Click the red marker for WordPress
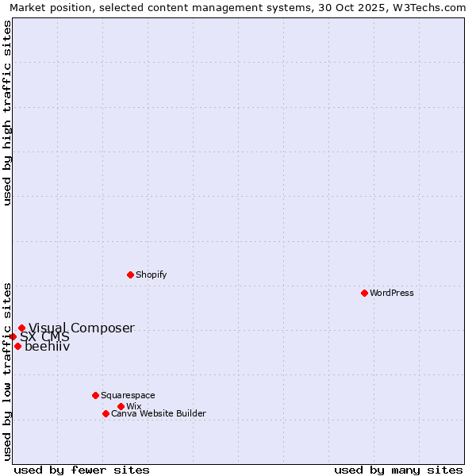point(364,293)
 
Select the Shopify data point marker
point(130,274)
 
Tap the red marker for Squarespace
point(95,395)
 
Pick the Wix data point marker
point(121,406)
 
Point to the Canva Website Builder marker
point(106,413)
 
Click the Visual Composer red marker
point(21,328)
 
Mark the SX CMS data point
point(13,336)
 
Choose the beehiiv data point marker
point(17,346)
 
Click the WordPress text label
point(392,293)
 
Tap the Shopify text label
point(151,274)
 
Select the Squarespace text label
point(128,395)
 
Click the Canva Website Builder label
point(159,413)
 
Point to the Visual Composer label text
point(82,328)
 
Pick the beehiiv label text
point(48,346)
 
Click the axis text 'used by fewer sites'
point(82,470)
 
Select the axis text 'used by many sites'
point(398,470)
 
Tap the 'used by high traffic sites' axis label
point(7,113)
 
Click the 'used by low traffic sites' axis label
point(7,371)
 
